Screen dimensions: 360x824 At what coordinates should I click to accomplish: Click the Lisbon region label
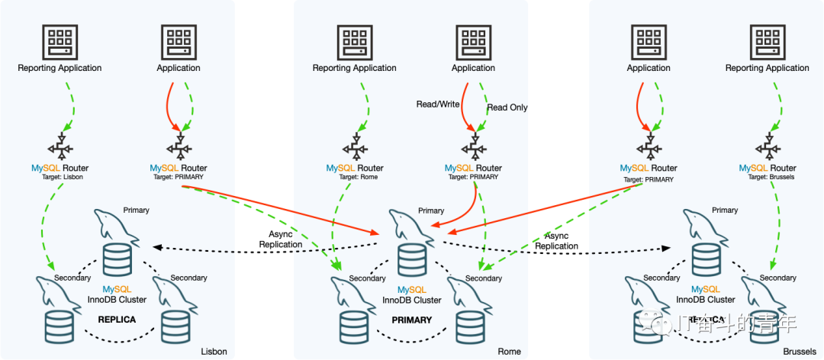coord(214,352)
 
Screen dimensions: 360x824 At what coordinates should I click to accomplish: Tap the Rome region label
coord(509,352)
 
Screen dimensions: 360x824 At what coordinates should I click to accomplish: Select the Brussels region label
coord(800,352)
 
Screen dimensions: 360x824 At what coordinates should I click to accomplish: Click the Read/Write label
coord(438,104)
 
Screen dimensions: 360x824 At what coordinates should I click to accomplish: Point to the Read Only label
coord(507,108)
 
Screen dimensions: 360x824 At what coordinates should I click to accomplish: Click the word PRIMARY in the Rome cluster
coord(412,320)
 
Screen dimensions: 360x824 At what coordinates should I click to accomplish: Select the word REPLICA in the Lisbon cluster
coord(117,320)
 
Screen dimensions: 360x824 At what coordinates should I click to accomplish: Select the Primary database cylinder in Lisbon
coord(117,259)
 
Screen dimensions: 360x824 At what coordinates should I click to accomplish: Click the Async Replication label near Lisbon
coord(281,239)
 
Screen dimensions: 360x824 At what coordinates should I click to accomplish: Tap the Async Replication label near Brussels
coord(556,241)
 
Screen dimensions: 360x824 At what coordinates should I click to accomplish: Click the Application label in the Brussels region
coord(649,68)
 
